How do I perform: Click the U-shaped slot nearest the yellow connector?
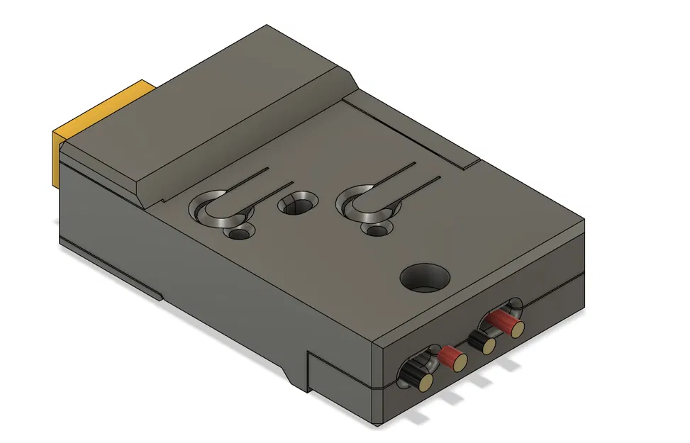coord(219,210)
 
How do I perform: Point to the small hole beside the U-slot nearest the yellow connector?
coord(239,232)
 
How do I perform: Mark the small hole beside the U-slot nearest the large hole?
coord(377,229)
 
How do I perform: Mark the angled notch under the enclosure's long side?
coord(295,372)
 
